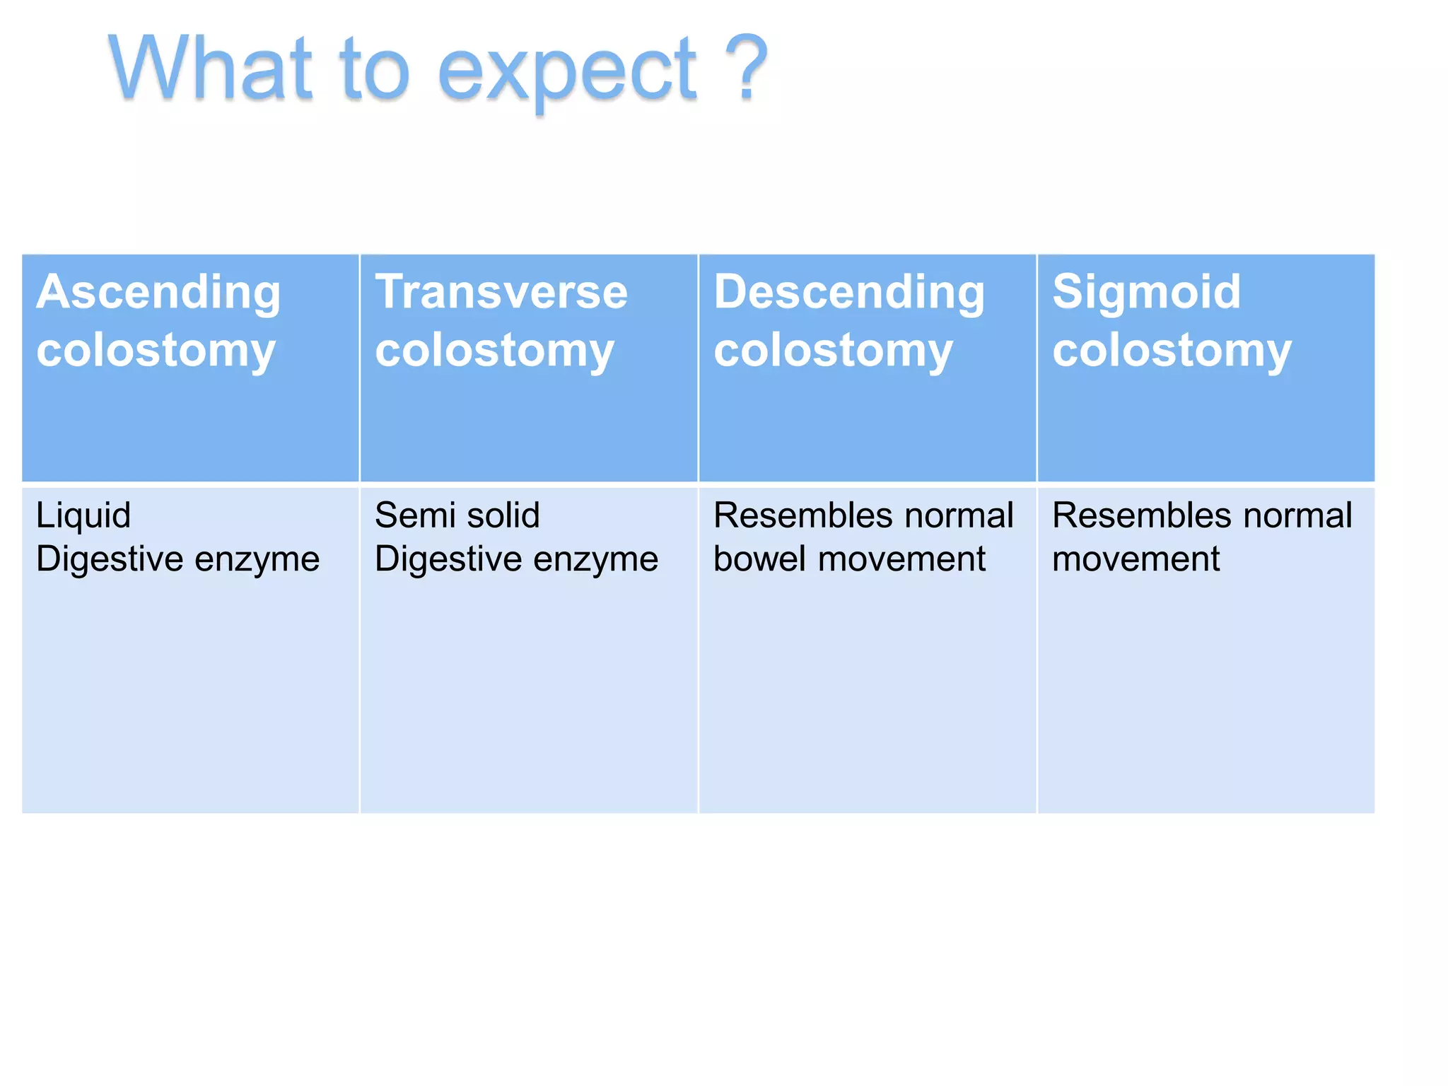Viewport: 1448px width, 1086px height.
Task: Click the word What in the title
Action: [210, 69]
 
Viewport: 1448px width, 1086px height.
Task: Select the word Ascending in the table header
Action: [158, 293]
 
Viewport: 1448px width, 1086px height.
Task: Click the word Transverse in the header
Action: [501, 291]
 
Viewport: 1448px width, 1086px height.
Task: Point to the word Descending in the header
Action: [848, 293]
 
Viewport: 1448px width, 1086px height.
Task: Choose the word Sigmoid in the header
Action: [1146, 291]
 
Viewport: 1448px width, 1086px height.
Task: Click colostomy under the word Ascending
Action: [156, 351]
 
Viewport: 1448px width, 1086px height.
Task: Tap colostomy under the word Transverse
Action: [494, 351]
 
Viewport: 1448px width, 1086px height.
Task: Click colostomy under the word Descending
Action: [833, 351]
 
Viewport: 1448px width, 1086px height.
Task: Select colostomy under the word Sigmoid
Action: [1172, 351]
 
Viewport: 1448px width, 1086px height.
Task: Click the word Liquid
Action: [83, 516]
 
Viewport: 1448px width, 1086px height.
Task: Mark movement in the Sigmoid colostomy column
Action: [1135, 559]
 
